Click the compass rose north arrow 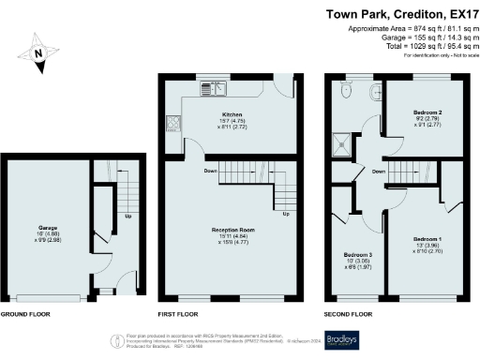[x=37, y=54]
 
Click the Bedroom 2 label [x=427, y=112]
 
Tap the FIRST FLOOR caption [x=178, y=313]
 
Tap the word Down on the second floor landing [x=378, y=172]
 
